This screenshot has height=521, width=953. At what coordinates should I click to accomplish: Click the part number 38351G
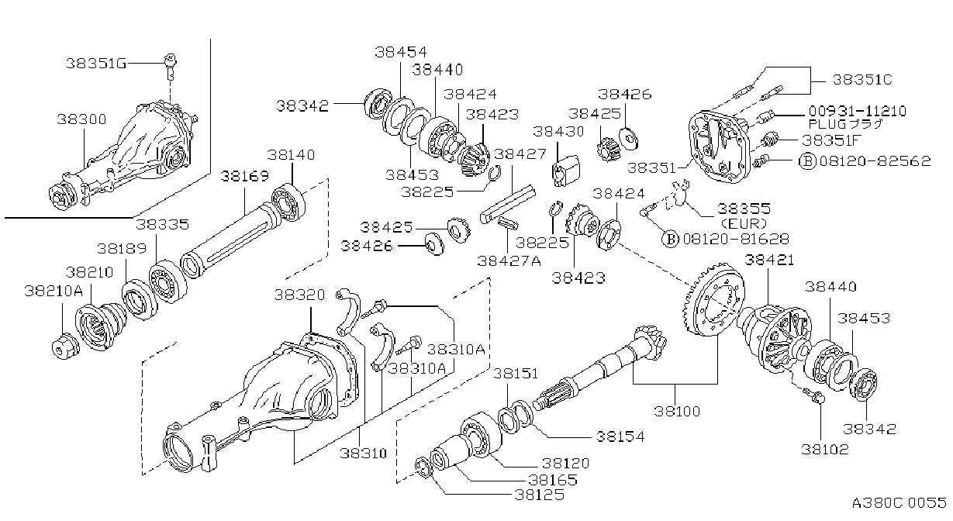96,64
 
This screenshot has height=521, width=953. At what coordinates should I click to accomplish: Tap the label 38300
81,119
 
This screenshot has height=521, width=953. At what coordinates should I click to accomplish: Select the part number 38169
244,176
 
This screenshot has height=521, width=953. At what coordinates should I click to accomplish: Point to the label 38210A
54,291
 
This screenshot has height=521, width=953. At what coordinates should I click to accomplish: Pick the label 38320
299,295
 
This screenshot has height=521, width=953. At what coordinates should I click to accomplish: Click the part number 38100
677,411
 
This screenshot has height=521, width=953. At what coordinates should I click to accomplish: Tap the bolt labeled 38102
813,395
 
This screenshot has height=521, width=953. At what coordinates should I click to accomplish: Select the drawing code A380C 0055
899,502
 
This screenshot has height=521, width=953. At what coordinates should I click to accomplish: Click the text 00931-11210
858,111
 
